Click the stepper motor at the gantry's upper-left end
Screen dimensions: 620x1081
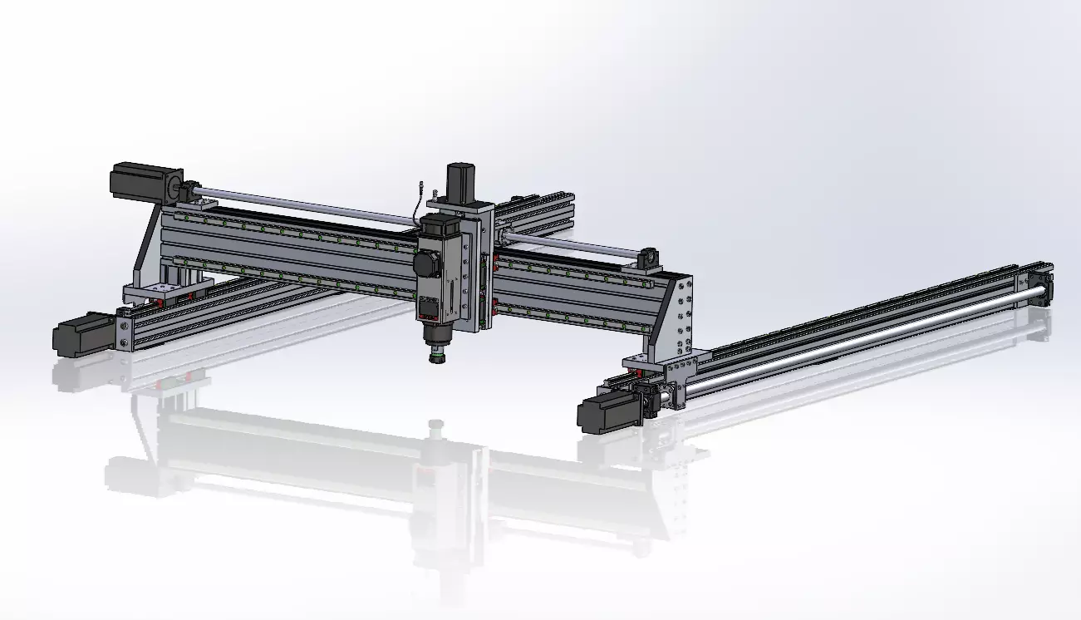pyautogui.click(x=137, y=180)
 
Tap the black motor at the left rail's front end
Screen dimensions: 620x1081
pyautogui.click(x=83, y=336)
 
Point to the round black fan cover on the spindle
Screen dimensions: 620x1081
pyautogui.click(x=424, y=264)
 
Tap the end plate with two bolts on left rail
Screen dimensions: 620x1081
pyautogui.click(x=124, y=330)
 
